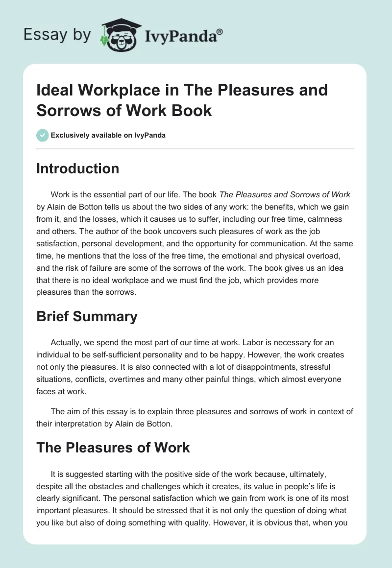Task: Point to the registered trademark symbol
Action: (x=220, y=32)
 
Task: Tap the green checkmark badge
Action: (x=43, y=135)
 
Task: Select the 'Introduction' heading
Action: (x=78, y=168)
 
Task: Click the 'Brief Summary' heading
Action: (x=87, y=316)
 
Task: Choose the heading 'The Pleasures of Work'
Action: (x=113, y=447)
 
